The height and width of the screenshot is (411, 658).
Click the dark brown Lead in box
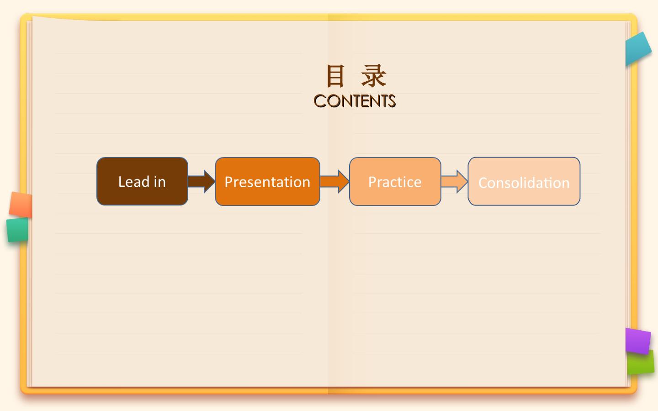142,181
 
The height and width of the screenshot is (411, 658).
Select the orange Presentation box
267,181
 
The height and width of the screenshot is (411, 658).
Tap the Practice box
395,181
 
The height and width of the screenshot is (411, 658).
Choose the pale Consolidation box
524,181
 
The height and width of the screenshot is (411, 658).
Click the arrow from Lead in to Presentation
202,181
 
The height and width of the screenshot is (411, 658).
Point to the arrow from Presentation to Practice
334,181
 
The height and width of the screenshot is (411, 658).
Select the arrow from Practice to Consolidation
454,181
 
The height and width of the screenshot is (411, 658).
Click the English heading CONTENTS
355,101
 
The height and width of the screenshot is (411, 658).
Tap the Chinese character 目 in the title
335,76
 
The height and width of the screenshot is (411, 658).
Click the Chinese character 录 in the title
374,76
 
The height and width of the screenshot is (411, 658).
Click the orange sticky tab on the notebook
21,205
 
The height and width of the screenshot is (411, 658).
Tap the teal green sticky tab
18,230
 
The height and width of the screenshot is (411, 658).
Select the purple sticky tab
638,341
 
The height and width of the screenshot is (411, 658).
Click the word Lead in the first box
134,181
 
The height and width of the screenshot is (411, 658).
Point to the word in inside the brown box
160,181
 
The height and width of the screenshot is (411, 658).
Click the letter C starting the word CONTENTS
320,101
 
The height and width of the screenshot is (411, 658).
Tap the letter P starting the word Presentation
228,182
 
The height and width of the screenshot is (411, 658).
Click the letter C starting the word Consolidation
483,183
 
